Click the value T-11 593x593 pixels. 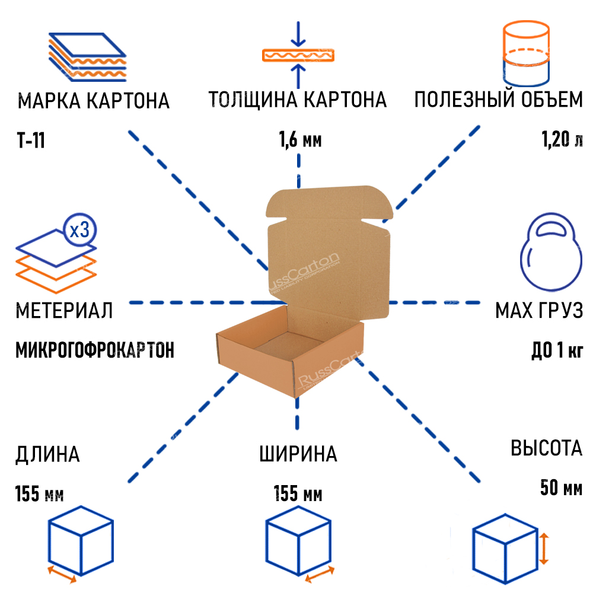click(31, 142)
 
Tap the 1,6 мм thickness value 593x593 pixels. click(300, 141)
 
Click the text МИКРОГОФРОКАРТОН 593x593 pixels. click(95, 350)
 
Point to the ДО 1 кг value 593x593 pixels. click(557, 350)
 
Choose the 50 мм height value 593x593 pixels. click(561, 488)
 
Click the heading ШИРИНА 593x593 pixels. click(298, 454)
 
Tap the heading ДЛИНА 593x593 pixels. click(47, 455)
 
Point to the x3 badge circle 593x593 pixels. click(79, 230)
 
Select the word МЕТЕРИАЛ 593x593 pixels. click(65, 310)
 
